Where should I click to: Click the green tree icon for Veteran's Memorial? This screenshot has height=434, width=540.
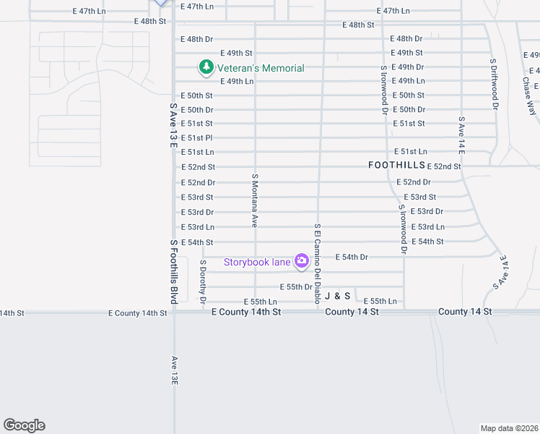(x=207, y=67)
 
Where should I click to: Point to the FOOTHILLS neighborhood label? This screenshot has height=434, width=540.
(x=396, y=165)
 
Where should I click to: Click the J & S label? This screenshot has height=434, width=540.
(x=337, y=296)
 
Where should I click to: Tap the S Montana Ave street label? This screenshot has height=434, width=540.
(x=255, y=200)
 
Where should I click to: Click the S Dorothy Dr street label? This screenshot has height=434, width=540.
(x=204, y=281)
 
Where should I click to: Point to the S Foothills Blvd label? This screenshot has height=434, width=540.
(x=174, y=271)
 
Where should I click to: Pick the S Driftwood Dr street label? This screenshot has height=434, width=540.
(x=495, y=84)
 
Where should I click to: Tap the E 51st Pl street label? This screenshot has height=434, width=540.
(x=196, y=137)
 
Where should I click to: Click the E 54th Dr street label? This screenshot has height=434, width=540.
(x=352, y=257)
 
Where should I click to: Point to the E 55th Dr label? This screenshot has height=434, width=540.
(x=296, y=287)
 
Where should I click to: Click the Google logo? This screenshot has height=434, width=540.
(x=24, y=425)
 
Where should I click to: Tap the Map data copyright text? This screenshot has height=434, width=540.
(x=508, y=427)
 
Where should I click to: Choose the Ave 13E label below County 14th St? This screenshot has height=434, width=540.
(x=174, y=370)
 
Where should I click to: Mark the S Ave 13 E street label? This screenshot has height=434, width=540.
(x=173, y=124)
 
